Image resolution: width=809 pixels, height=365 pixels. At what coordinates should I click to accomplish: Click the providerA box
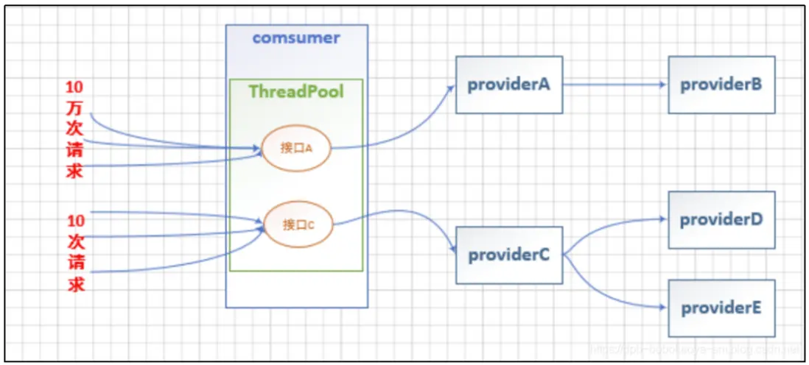point(508,85)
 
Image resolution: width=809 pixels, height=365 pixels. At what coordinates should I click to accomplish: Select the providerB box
point(721,85)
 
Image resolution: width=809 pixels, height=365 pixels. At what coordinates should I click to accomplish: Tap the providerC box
point(508,255)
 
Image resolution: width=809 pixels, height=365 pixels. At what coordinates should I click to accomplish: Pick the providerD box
point(721,219)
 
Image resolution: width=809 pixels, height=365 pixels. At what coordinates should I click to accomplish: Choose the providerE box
point(721,308)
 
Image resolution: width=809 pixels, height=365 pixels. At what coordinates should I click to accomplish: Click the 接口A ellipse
point(297,148)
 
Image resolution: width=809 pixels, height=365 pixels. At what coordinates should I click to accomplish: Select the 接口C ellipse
point(297,224)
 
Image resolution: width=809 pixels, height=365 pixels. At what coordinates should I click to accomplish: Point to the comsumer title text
point(296,38)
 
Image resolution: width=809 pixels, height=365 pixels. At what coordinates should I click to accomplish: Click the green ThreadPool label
point(296,92)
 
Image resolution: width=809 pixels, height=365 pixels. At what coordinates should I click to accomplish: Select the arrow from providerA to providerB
point(615,85)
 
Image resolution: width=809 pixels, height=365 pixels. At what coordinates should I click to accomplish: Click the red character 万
point(76,108)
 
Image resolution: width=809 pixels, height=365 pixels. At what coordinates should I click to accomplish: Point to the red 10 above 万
point(76,88)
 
